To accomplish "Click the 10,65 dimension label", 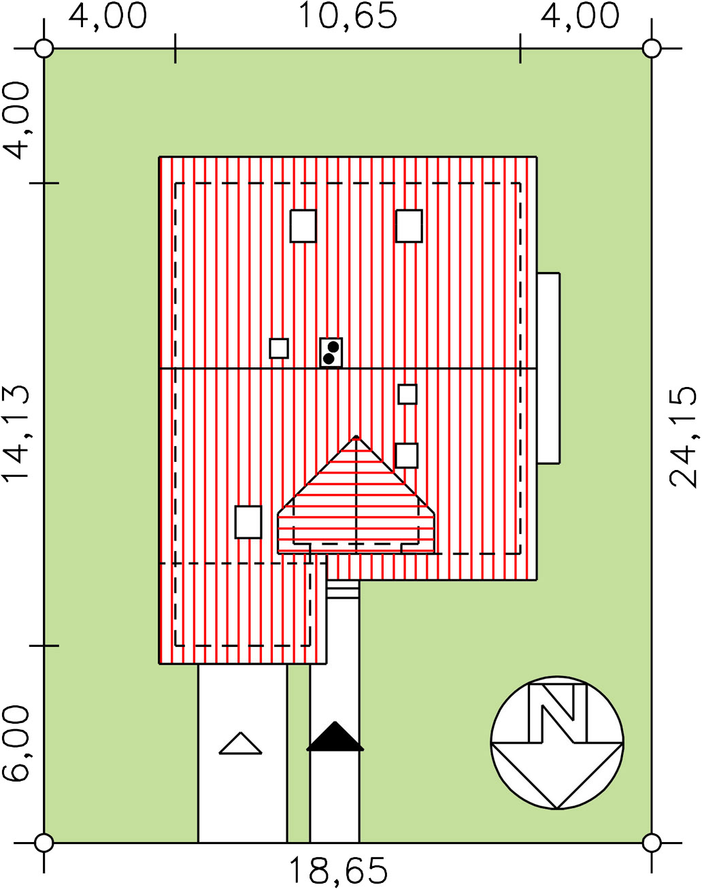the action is (x=347, y=16).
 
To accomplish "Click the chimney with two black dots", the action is (x=331, y=352).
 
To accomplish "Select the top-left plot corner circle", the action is (x=44, y=49).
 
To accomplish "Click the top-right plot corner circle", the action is (x=652, y=49).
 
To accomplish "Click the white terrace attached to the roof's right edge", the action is (x=549, y=368).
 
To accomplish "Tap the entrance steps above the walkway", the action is (x=343, y=589).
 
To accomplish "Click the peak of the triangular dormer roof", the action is (x=356, y=436).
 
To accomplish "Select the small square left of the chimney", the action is (x=279, y=348).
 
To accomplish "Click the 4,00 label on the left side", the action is (x=16, y=120).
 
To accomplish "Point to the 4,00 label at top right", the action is (x=580, y=16).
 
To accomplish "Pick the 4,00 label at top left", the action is (x=107, y=16).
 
